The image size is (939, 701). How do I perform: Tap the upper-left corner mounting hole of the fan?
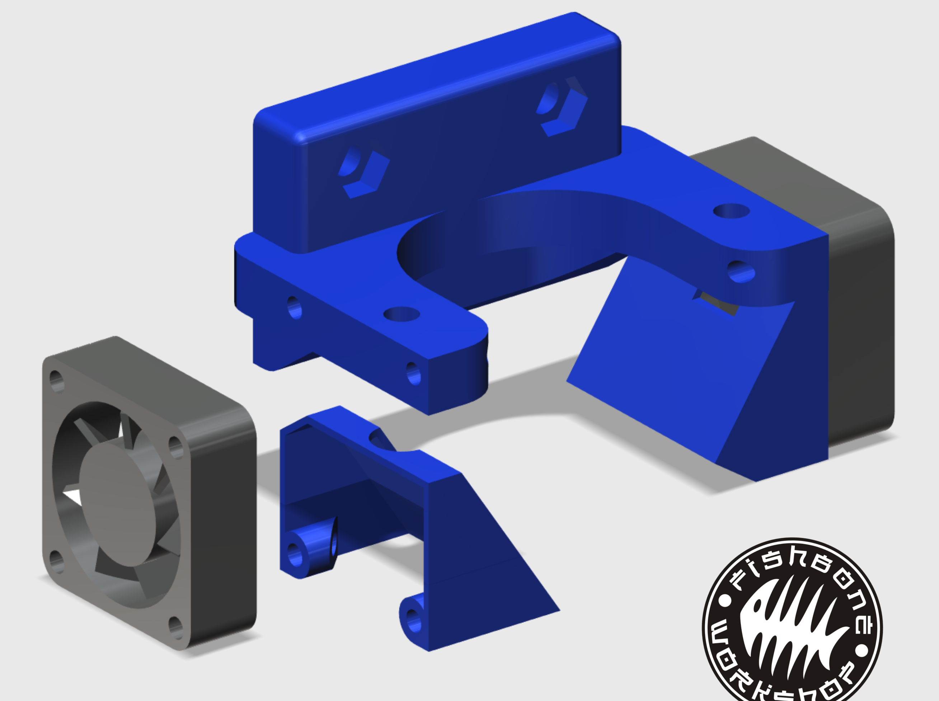click(x=56, y=381)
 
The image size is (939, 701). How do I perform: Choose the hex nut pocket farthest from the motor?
click(x=363, y=172)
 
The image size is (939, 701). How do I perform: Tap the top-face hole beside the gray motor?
click(x=731, y=211)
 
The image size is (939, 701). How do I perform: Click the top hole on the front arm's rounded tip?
click(x=402, y=314)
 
